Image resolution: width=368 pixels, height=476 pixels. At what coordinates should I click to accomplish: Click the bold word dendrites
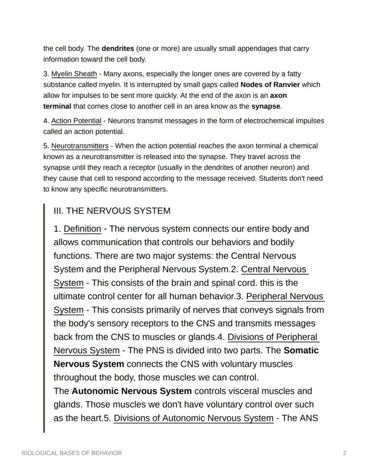118,48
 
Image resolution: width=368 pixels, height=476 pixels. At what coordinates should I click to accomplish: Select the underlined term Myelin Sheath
74,74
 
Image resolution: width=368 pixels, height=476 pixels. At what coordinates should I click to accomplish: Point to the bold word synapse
266,106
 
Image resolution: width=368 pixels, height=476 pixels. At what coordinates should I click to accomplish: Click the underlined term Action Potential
76,121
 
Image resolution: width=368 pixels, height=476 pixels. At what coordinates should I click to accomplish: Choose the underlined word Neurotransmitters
80,146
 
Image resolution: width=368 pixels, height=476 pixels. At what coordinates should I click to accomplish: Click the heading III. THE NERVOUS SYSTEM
112,211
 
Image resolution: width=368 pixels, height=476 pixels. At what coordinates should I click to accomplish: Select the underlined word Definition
82,229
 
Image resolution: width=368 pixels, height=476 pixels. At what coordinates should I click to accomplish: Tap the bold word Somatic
301,350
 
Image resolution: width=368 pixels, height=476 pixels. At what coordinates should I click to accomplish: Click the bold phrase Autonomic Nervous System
132,391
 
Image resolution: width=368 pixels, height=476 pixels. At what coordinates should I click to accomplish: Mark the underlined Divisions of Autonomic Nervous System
193,418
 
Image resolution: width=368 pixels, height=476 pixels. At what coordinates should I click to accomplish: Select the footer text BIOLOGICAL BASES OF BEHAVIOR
72,453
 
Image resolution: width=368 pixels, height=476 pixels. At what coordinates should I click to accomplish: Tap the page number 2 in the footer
344,453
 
